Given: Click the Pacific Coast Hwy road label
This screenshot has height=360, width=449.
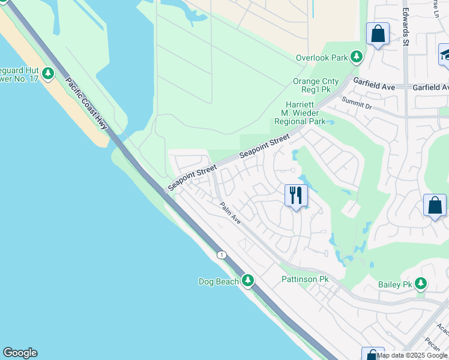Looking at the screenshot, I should point(86,103).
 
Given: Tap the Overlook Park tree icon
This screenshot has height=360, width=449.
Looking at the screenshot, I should point(357,58).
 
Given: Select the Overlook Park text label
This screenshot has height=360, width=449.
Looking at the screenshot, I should point(322,58).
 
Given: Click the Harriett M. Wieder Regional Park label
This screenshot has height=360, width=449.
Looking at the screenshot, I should point(300,112).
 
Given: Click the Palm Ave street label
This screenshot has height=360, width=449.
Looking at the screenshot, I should point(230,213).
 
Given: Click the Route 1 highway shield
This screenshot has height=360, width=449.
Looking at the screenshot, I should point(222,255).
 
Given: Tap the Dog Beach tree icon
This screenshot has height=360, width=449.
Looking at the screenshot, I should point(247,281).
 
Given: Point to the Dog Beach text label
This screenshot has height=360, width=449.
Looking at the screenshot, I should point(219,281).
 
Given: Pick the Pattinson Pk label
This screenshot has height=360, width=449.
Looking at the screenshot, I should point(305,280).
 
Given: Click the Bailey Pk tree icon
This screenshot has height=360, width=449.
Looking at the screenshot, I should point(421,283).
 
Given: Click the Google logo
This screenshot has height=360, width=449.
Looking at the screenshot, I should point(20,353).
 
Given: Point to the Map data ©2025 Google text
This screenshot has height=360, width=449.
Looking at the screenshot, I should point(412,355).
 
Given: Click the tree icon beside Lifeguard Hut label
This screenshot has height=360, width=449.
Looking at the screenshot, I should point(49,74).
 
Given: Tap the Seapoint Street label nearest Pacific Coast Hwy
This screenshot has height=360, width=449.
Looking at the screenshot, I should point(191,179).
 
